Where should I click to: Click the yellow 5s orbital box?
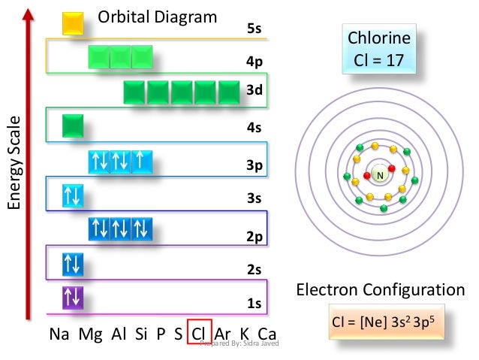73,23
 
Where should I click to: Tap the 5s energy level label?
254,29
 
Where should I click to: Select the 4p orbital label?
254,62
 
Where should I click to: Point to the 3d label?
254,91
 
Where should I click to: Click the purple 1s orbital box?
73,298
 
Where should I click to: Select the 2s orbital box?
73,264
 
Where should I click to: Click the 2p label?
254,237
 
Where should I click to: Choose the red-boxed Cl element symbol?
199,332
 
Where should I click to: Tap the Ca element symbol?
267,333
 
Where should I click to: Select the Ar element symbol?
222,333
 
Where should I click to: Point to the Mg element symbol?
90,333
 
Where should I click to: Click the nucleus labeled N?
380,175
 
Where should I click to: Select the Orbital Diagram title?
158,17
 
